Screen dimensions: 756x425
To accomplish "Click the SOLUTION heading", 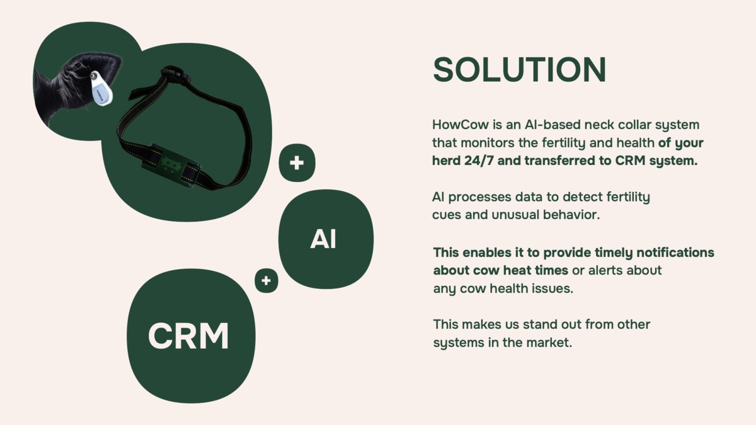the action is click(x=519, y=70).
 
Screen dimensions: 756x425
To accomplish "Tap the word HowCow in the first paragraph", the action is click(x=461, y=125).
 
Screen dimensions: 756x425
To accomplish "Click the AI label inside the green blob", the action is click(x=323, y=239).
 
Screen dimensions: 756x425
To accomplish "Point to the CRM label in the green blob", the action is click(x=188, y=336).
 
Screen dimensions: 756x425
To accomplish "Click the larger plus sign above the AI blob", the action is click(x=297, y=163).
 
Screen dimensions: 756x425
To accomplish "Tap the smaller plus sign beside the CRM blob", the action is click(x=266, y=280).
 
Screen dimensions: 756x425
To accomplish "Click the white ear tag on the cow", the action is click(x=101, y=89).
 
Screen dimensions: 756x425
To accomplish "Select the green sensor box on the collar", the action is click(x=171, y=164).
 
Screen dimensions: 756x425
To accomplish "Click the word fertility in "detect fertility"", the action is click(x=628, y=197).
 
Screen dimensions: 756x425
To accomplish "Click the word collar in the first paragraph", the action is click(x=634, y=125).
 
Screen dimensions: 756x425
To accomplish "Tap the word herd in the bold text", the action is click(x=446, y=161).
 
